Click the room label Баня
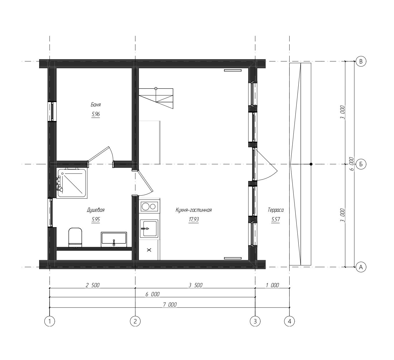(96, 105)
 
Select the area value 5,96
(96, 114)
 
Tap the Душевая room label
(96, 210)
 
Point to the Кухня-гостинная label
(194, 210)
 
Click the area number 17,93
(194, 219)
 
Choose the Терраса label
(275, 210)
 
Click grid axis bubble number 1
(50, 321)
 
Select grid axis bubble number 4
(290, 321)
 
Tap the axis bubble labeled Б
(361, 164)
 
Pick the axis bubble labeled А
(361, 267)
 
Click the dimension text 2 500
(92, 285)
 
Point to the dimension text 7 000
(170, 305)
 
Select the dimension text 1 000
(273, 285)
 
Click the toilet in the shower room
(75, 237)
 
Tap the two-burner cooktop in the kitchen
(149, 207)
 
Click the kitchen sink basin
(149, 229)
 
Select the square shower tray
(72, 183)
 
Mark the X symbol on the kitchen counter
(149, 250)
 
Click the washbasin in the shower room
(114, 239)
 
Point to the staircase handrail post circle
(156, 89)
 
